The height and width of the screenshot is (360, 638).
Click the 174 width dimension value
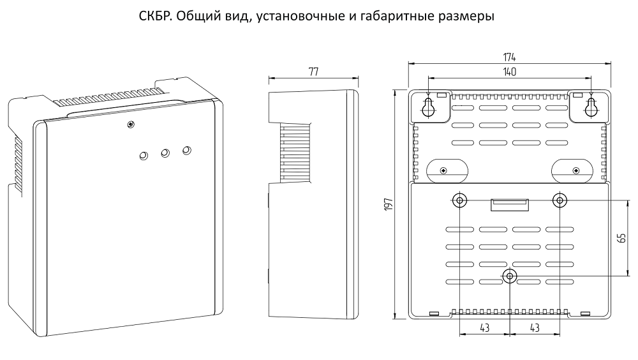pos(509,57)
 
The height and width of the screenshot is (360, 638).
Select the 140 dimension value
pos(509,71)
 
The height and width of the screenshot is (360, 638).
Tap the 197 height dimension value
pos(388,204)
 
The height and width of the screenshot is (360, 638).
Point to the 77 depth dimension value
pos(313,71)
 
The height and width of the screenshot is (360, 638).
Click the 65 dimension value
pos(621,238)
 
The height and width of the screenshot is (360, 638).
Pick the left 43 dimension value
pos(484,327)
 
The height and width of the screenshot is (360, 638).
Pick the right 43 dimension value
pos(535,327)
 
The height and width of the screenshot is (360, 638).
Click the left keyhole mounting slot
pos(428,107)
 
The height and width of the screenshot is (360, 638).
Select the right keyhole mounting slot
pos(591,107)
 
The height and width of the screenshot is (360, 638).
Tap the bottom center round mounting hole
pos(509,276)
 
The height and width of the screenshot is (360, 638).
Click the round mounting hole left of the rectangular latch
pos(459,200)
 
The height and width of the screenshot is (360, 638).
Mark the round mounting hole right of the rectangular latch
pos(560,200)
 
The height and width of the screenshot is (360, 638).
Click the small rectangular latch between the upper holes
pos(509,205)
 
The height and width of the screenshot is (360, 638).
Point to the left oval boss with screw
pos(447,170)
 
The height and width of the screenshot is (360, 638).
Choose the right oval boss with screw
pos(572,170)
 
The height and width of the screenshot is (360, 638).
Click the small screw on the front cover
pos(130,124)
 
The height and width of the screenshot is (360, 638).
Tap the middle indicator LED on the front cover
pos(165,153)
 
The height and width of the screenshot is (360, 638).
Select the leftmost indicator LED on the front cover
pos(143,156)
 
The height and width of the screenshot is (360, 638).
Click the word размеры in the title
pos(468,17)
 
